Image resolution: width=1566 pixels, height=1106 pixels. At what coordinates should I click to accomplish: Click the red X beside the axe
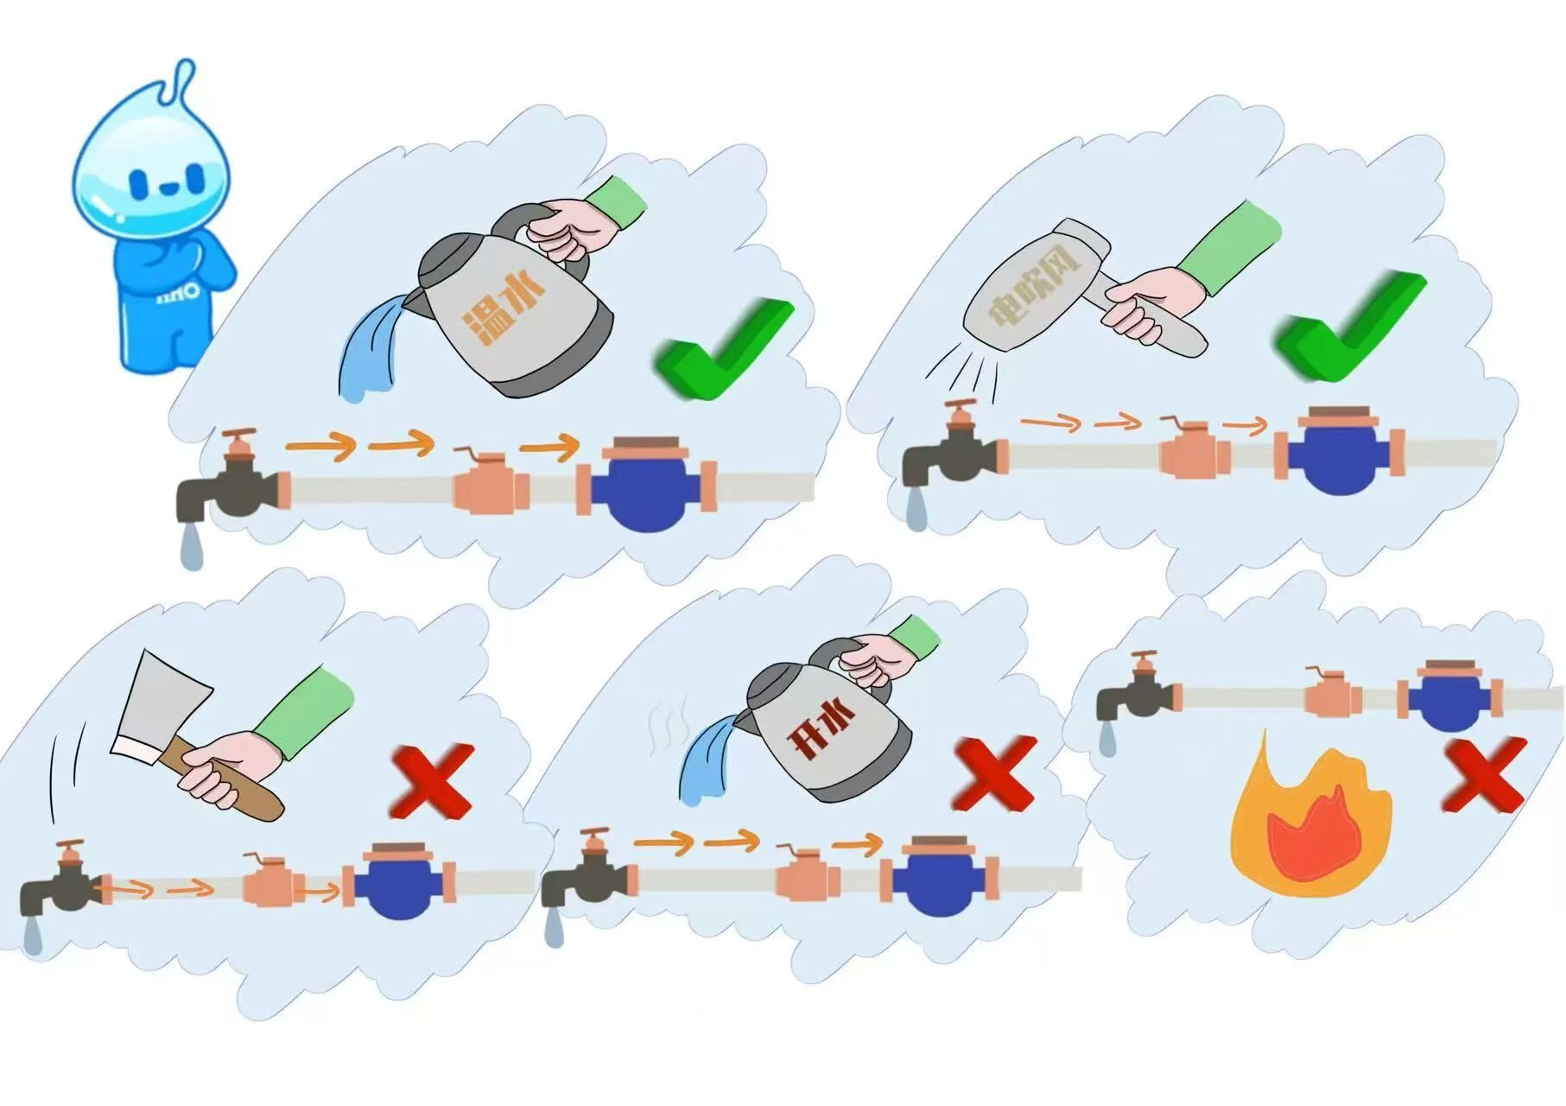[x=432, y=782]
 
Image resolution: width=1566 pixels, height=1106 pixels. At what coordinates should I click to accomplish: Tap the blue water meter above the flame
[x=1450, y=696]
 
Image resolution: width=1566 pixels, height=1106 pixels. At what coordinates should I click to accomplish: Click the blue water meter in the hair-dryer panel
[x=1339, y=454]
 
